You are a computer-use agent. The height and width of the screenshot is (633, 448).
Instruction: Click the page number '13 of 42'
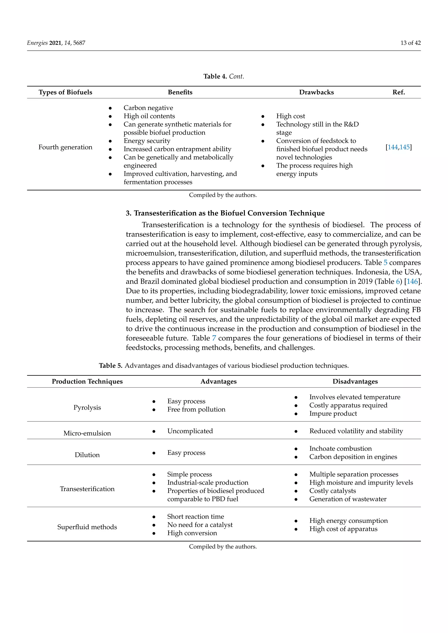[x=410, y=43]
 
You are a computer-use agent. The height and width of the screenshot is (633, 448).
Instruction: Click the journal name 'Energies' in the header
[x=37, y=43]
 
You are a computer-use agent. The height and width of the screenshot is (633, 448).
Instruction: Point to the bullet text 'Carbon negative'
[x=148, y=108]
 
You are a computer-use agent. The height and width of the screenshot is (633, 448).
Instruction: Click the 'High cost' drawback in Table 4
[x=290, y=116]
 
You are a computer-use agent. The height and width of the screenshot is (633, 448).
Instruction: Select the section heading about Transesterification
[x=225, y=213]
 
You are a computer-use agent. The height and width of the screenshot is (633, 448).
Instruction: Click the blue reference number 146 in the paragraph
[x=412, y=281]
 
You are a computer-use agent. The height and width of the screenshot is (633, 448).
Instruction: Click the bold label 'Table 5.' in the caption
[x=111, y=366]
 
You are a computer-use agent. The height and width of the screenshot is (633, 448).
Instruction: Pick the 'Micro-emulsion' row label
[x=87, y=433]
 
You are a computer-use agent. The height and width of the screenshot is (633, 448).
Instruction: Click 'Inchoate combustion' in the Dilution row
[x=340, y=448]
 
